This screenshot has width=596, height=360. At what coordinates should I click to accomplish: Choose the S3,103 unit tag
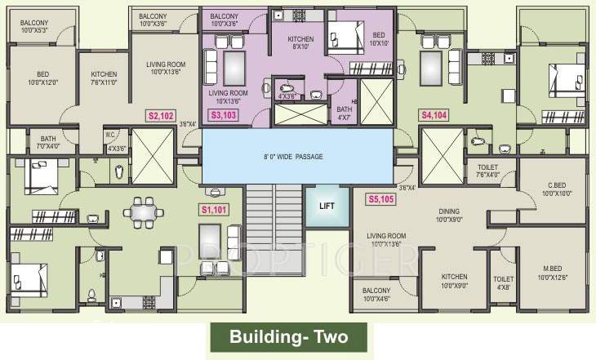pos(225,116)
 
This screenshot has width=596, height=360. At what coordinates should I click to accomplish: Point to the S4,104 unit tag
pos(434,116)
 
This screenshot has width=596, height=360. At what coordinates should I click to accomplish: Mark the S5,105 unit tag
pos(381,198)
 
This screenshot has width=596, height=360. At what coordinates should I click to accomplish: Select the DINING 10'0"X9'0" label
pos(448,214)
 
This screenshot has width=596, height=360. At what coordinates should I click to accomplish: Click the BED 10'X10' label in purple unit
pos(377,39)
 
